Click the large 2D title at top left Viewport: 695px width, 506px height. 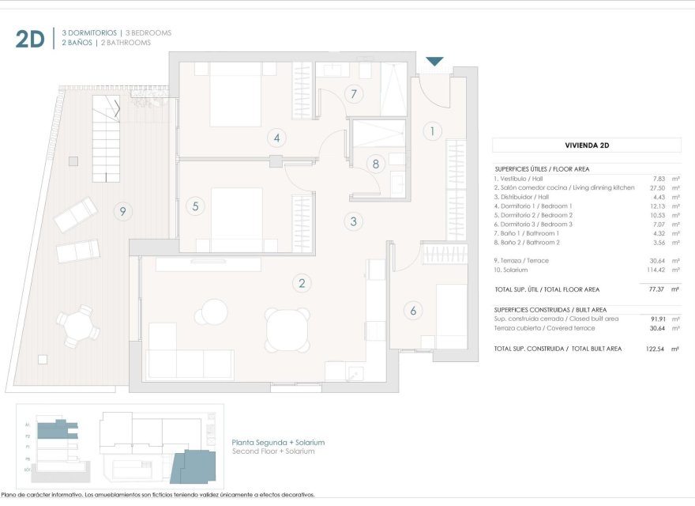(30, 39)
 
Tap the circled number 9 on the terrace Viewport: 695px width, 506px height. (121, 211)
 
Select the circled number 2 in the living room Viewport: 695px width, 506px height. (301, 282)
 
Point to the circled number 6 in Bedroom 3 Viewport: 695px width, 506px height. (412, 311)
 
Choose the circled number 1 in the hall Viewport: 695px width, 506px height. (432, 131)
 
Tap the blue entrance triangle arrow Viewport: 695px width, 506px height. (434, 61)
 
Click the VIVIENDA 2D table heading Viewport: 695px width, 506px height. (586, 145)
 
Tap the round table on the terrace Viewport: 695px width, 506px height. (77, 325)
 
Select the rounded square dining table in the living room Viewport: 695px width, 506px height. (287, 330)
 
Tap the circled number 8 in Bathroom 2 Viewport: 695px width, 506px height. (376, 164)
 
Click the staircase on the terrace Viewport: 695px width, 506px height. (105, 134)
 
